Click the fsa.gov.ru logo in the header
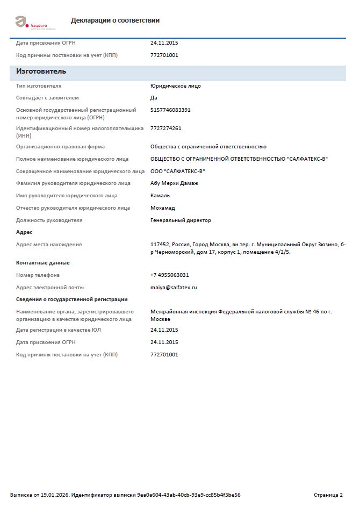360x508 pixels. click(x=32, y=22)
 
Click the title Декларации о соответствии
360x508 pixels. click(x=115, y=20)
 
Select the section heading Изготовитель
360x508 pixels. click(x=41, y=71)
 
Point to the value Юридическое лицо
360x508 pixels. click(x=176, y=86)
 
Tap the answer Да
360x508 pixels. click(x=154, y=98)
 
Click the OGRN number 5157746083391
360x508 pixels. click(x=170, y=110)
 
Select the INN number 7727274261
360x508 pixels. click(x=166, y=128)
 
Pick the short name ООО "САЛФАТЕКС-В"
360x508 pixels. click(x=177, y=171)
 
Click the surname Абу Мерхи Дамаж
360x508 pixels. click(x=174, y=183)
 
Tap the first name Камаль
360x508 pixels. click(x=160, y=196)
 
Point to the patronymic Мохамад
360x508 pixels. click(x=163, y=208)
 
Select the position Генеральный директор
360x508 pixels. click(x=181, y=220)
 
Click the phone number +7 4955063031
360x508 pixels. click(x=170, y=275)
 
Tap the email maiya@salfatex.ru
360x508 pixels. click(x=174, y=288)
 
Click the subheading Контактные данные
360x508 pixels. click(x=43, y=263)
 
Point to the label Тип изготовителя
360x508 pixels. click(x=39, y=86)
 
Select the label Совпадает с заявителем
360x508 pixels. click(x=47, y=98)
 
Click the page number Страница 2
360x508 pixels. click(x=328, y=495)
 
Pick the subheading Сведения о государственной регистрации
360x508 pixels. click(x=71, y=299)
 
